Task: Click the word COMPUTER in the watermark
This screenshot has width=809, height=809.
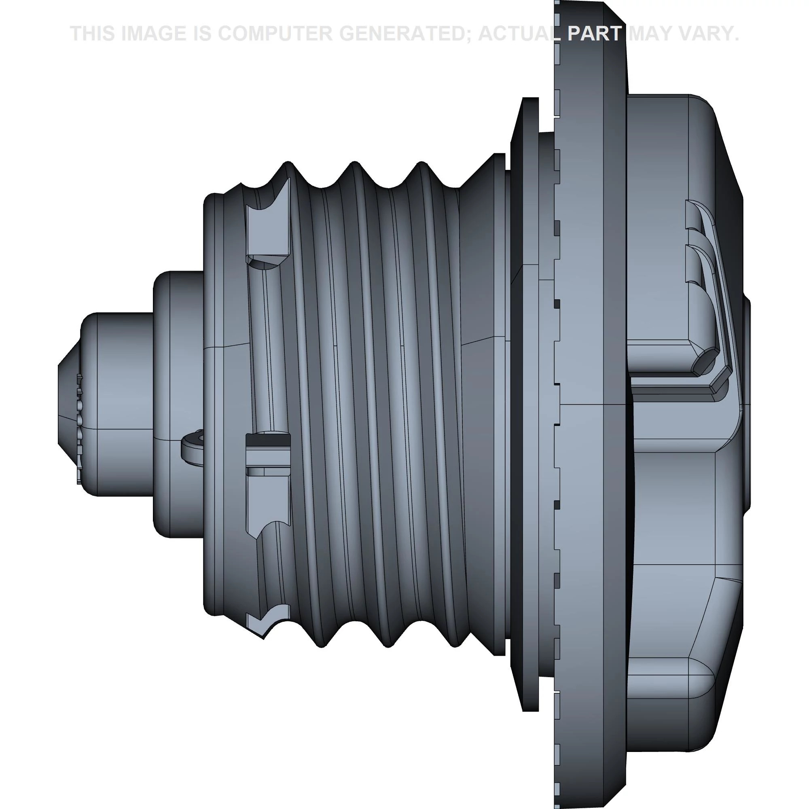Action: coord(274,34)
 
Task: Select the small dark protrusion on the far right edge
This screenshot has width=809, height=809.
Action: coord(748,402)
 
